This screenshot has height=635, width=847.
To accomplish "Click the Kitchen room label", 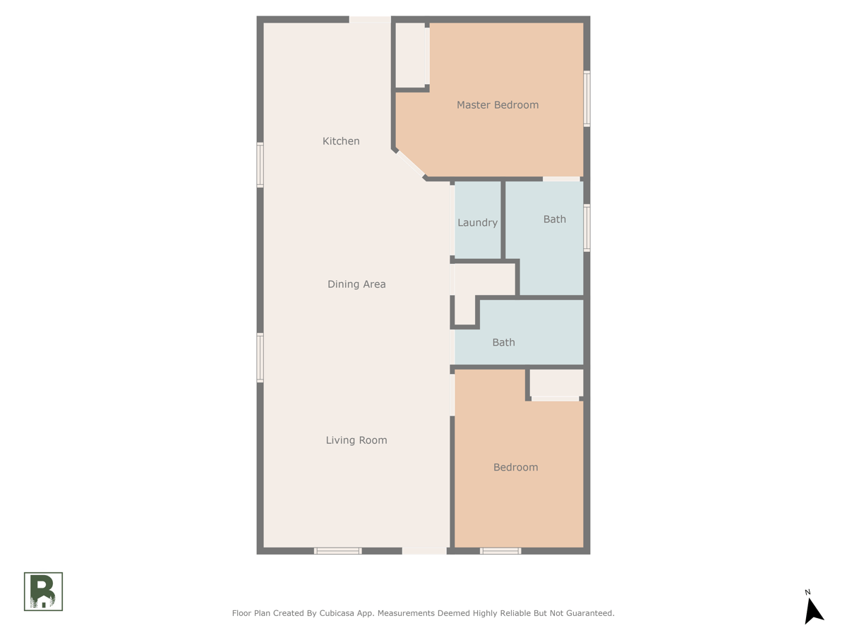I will tap(341, 141).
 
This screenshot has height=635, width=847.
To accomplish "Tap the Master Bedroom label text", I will tap(497, 105).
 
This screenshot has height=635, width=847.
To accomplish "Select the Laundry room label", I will tap(477, 222).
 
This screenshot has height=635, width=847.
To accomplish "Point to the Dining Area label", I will tap(356, 284).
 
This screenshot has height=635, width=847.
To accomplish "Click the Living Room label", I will tap(356, 440).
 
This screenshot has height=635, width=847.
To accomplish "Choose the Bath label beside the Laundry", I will tap(554, 219).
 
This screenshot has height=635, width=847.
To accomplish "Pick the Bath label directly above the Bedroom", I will tap(503, 342).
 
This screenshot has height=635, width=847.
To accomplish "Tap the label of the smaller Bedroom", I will tap(515, 467).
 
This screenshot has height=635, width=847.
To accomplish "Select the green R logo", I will tap(43, 591).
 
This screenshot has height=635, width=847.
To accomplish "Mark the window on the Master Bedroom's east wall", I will tap(587, 99).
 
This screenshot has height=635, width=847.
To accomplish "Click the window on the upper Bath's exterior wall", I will tap(587, 228).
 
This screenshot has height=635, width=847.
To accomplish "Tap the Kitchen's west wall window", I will tap(260, 165).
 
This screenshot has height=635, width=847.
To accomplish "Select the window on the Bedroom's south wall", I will tap(500, 550).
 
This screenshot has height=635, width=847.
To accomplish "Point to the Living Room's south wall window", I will tap(337, 550).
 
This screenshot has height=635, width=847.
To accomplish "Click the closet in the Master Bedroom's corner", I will tap(410, 55).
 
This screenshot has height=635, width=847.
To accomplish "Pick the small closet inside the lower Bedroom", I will tap(555, 383).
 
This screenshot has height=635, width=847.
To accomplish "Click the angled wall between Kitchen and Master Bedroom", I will tap(410, 164).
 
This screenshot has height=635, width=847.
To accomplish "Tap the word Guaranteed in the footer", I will tap(587, 613).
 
